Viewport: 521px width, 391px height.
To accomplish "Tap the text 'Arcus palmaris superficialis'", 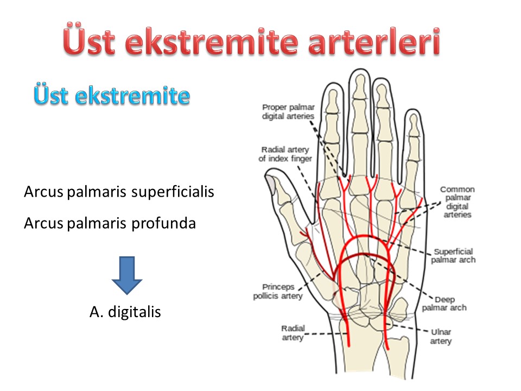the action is [x=119, y=192].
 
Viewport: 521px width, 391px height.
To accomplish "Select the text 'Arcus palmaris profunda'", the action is [x=110, y=223].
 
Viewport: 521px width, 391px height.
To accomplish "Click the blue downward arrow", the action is [x=127, y=275].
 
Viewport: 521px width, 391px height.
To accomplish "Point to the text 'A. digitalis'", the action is [x=125, y=312].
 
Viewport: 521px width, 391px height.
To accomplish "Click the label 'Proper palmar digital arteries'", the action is [x=288, y=112].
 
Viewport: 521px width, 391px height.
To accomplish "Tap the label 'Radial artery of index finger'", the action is [x=285, y=154].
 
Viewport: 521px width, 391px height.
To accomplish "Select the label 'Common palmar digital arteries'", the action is [x=457, y=202].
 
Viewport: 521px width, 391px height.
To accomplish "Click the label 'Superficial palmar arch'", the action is [x=453, y=256].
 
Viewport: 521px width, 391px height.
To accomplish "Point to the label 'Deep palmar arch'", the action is [x=444, y=304].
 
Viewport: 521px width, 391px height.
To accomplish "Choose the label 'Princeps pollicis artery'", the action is [x=278, y=291].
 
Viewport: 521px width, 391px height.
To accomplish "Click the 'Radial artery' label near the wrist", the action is [x=293, y=333].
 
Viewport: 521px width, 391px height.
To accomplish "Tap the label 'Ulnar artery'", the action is [x=441, y=337].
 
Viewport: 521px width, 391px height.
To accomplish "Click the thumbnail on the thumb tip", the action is [x=271, y=185].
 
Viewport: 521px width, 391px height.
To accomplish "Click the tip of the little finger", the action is [x=413, y=109].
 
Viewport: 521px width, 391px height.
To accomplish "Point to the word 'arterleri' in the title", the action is [x=374, y=42].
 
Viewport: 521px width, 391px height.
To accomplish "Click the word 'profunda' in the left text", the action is [x=163, y=223].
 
